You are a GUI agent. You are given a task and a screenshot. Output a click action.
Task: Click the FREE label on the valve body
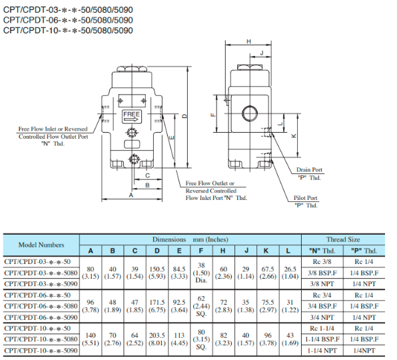(132, 115)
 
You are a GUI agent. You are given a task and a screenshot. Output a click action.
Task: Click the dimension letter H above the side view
(248, 42)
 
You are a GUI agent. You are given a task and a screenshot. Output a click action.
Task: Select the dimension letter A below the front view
(131, 196)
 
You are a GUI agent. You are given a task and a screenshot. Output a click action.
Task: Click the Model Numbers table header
(41, 245)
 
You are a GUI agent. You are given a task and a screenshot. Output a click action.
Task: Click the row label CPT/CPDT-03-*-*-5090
(41, 283)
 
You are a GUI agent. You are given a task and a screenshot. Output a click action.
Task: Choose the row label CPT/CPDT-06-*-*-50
(41, 295)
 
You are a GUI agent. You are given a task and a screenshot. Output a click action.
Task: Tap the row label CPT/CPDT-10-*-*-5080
(41, 339)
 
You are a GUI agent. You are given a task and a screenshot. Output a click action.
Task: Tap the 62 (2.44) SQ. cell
(201, 306)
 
